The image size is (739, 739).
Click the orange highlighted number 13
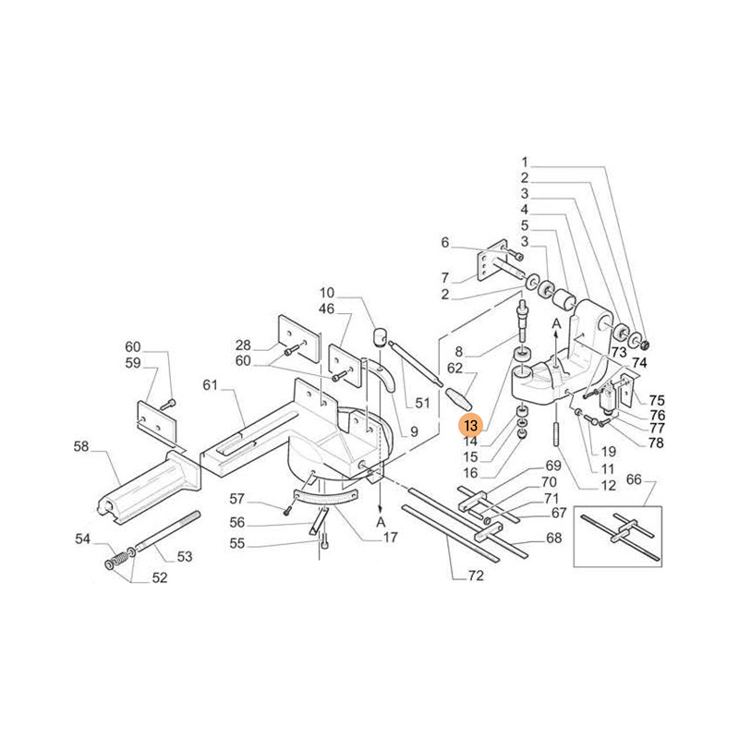click(x=471, y=426)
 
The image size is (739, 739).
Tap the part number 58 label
click(x=81, y=447)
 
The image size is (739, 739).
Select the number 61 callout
click(x=210, y=384)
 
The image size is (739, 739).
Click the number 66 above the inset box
click(x=634, y=479)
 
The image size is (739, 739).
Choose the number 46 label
click(x=327, y=309)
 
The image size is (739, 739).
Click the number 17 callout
click(x=392, y=538)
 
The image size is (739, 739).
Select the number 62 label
click(x=454, y=367)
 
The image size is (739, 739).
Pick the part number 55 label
click(x=237, y=544)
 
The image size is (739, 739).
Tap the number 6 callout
click(x=444, y=243)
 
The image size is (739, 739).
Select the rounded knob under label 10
click(x=379, y=335)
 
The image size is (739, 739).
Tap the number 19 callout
click(x=608, y=452)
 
